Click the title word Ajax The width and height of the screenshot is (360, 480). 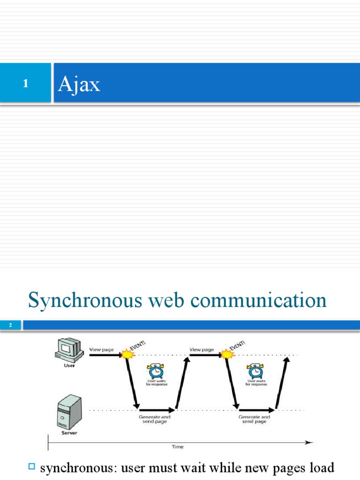pos(79,84)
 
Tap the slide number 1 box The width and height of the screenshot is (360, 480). pos(26,83)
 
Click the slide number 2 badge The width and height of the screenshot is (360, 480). pos(10,325)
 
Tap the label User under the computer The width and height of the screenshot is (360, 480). pos(69,366)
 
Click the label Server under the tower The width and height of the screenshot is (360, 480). pos(69,433)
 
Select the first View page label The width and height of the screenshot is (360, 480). pos(101,349)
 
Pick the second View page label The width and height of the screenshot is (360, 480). pos(202,349)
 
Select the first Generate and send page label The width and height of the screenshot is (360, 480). pos(155,419)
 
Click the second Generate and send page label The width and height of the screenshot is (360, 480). pos(254,419)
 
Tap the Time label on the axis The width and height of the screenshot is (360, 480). pos(177,447)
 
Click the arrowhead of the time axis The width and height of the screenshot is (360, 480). pos(309,442)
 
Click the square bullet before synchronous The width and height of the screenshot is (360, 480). pos(32,466)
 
